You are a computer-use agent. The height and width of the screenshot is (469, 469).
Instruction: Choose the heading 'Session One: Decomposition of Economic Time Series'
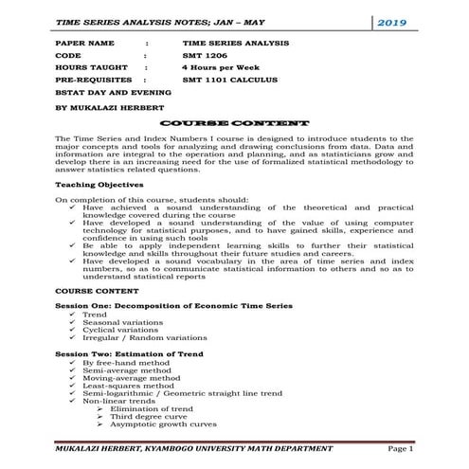174,306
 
